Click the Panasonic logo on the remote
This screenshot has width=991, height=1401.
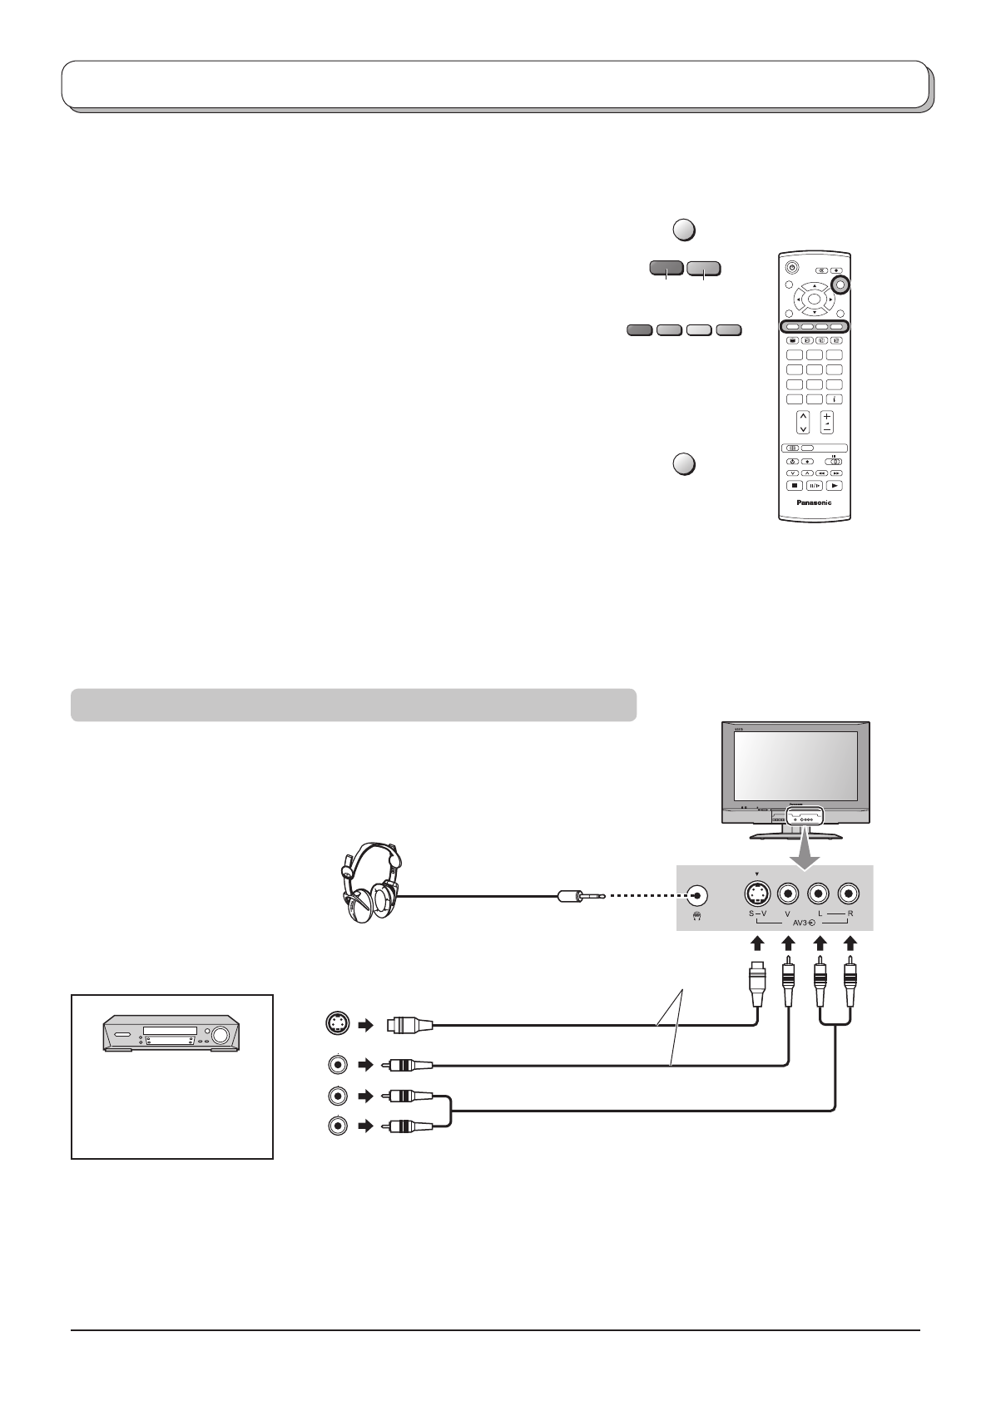click(815, 502)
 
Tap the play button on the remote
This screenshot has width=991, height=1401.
click(835, 486)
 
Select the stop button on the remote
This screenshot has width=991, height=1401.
click(794, 486)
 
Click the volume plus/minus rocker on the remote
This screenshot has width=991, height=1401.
click(827, 422)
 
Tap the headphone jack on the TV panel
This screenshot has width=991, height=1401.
click(696, 895)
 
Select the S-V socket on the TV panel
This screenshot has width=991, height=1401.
click(756, 894)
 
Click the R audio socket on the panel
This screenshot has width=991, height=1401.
click(850, 894)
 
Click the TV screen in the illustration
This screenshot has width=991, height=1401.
click(795, 766)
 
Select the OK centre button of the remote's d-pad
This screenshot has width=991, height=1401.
click(815, 298)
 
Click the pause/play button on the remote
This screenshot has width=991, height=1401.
click(815, 486)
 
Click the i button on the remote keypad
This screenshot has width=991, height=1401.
click(835, 400)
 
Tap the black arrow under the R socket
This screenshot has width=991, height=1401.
click(850, 944)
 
